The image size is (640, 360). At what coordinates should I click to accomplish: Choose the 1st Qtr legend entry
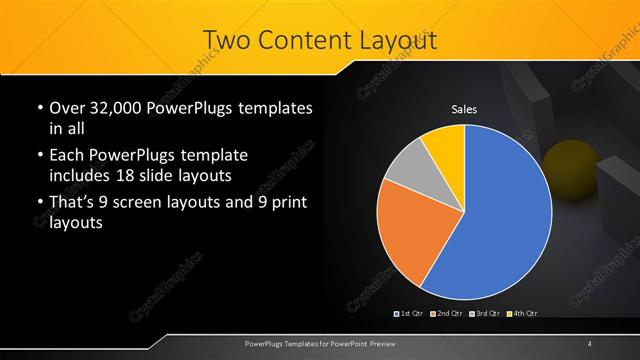click(x=411, y=314)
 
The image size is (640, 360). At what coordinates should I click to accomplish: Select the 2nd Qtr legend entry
click(x=447, y=314)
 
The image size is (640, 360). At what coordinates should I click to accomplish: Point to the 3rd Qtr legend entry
click(x=484, y=314)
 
